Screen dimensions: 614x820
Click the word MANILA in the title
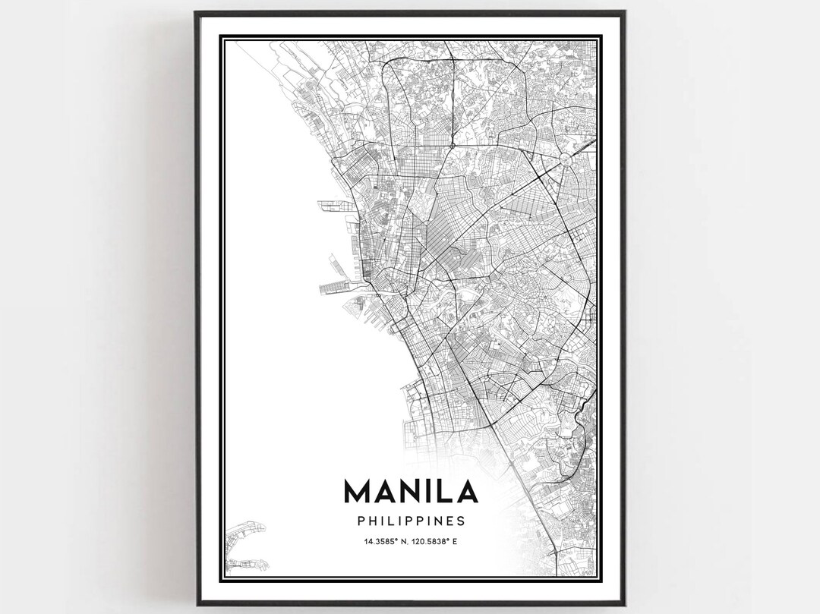(411, 491)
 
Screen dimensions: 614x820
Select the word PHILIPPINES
(411, 521)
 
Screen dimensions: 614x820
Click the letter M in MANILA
(359, 491)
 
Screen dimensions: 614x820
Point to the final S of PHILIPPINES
(461, 521)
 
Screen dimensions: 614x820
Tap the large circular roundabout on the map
(568, 160)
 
